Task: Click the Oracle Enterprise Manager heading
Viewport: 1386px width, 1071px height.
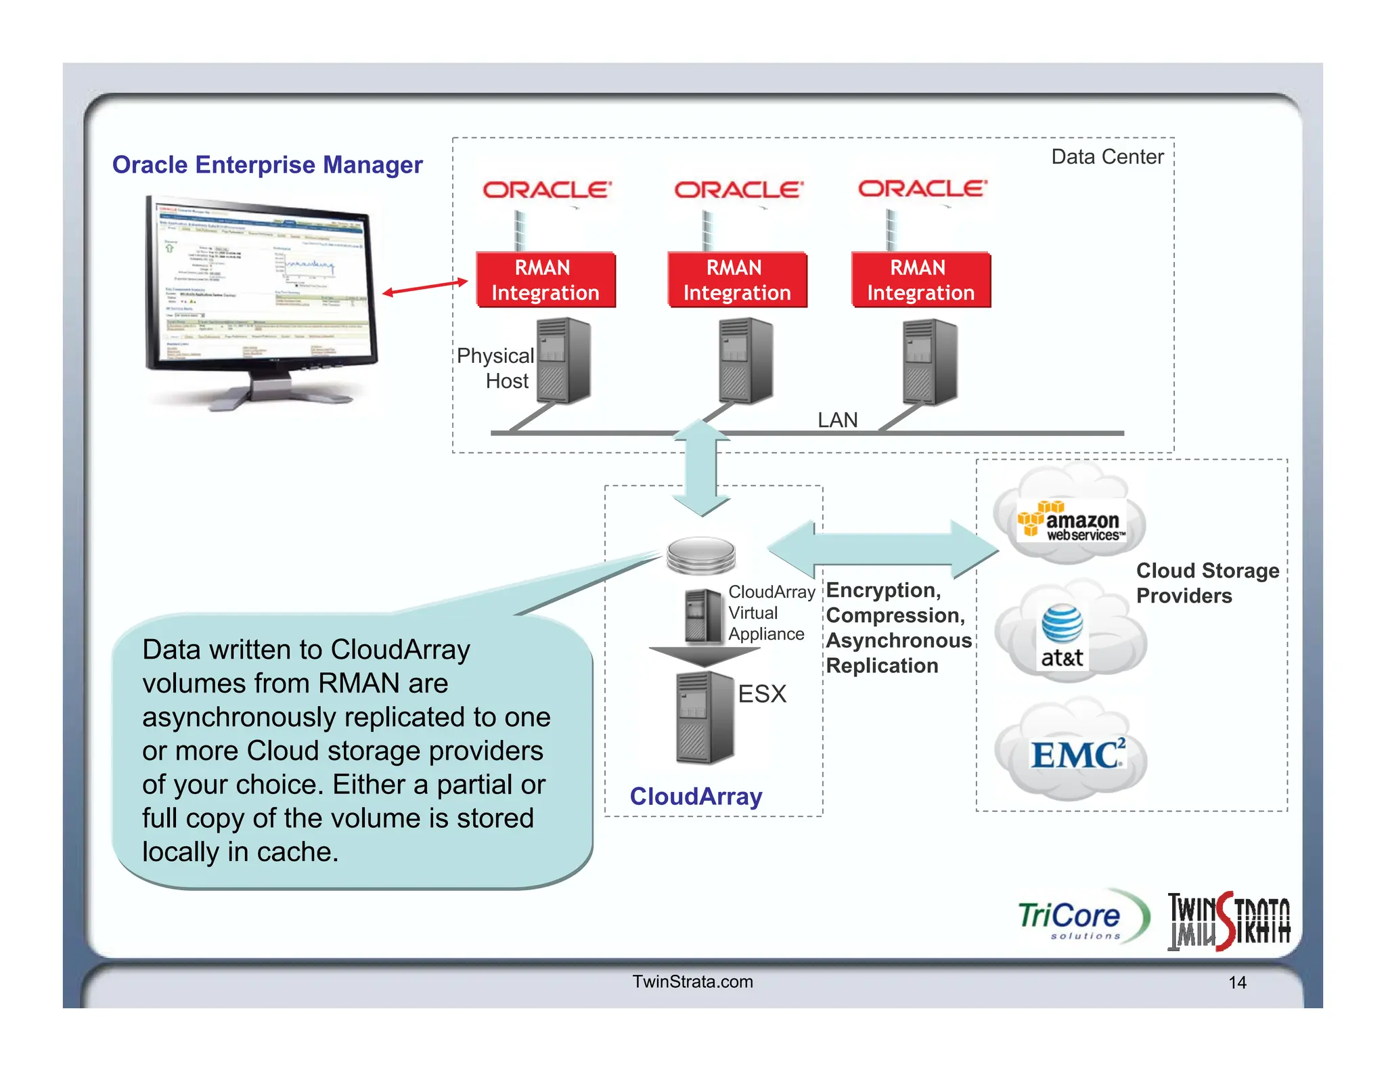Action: click(267, 165)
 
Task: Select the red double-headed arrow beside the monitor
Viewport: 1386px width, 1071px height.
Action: click(425, 287)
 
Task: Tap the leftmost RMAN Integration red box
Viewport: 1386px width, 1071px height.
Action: click(545, 280)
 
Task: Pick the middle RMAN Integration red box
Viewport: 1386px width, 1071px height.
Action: click(737, 280)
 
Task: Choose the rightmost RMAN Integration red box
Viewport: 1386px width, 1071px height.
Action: click(920, 280)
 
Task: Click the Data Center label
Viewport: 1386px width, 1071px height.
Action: click(1107, 157)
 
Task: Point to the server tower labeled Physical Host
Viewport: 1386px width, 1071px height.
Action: click(564, 361)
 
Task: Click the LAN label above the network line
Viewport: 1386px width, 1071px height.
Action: click(837, 420)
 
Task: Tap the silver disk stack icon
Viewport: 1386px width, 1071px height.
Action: click(700, 555)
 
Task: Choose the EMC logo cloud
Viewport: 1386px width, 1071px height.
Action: click(1076, 753)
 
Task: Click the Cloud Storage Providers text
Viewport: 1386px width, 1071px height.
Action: click(1207, 583)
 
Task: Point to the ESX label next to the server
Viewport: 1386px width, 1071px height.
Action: click(762, 694)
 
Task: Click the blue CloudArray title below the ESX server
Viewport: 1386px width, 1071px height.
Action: click(696, 796)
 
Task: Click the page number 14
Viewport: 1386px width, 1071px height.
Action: click(1237, 982)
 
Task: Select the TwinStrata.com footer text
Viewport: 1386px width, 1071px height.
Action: click(692, 982)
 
